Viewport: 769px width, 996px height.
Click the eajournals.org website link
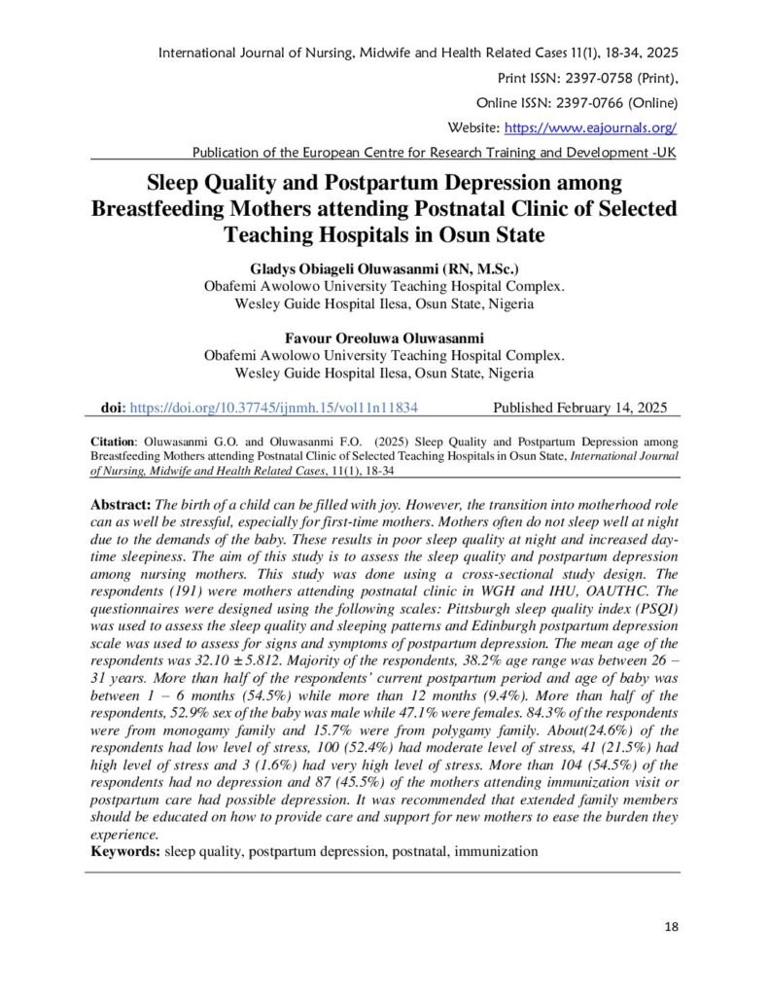589,127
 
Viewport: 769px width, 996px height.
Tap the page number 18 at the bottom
671,925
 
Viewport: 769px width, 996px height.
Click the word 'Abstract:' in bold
122,507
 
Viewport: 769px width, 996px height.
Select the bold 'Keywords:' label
125,851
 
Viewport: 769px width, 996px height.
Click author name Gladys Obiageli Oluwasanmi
330,267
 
